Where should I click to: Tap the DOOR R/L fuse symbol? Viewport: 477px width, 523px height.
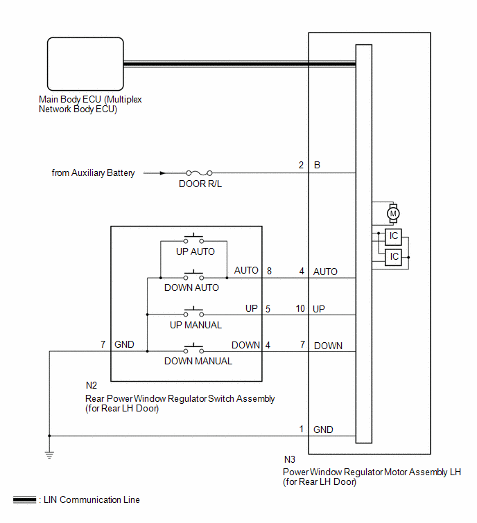[x=199, y=173]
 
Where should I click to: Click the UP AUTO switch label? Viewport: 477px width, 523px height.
[x=195, y=251]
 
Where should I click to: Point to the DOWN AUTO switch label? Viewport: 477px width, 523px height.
[x=191, y=287]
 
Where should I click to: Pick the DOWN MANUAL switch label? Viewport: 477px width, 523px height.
[x=198, y=361]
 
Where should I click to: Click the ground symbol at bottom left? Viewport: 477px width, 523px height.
[x=49, y=455]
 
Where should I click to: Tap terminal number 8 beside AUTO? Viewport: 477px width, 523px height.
[x=270, y=271]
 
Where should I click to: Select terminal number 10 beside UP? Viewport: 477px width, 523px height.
[x=300, y=308]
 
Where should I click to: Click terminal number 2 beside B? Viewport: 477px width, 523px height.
[x=301, y=166]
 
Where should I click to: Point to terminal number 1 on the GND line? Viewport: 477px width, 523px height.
[x=301, y=429]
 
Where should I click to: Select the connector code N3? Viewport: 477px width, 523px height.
[x=290, y=459]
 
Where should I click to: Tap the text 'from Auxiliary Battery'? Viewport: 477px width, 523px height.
[x=93, y=173]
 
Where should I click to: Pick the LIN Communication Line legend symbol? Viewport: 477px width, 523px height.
[x=24, y=499]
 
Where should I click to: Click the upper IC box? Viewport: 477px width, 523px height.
[x=394, y=236]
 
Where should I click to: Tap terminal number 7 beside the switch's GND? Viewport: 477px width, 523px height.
[x=103, y=344]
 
